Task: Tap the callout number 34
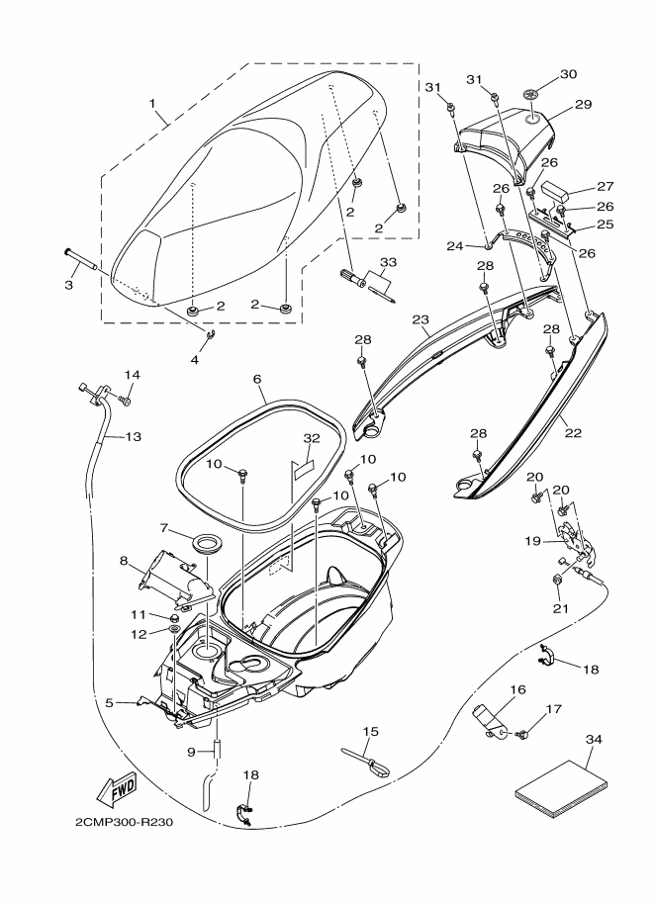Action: pos(593,739)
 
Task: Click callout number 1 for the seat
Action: pos(153,102)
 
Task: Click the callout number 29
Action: pos(583,103)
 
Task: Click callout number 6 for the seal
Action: pos(257,379)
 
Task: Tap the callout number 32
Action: pos(312,437)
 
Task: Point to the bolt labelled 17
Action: pos(524,734)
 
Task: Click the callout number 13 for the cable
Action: pos(133,436)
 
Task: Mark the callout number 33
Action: pos(388,261)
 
